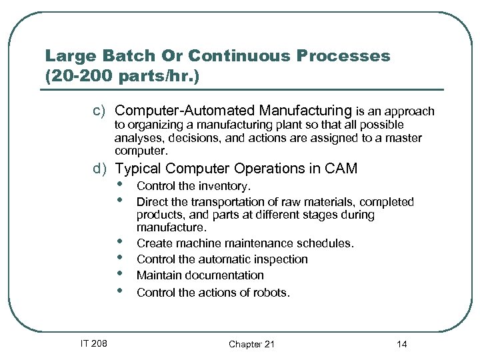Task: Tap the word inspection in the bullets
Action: pyautogui.click(x=279, y=259)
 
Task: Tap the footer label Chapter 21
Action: pyautogui.click(x=251, y=344)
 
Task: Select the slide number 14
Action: pyautogui.click(x=401, y=344)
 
